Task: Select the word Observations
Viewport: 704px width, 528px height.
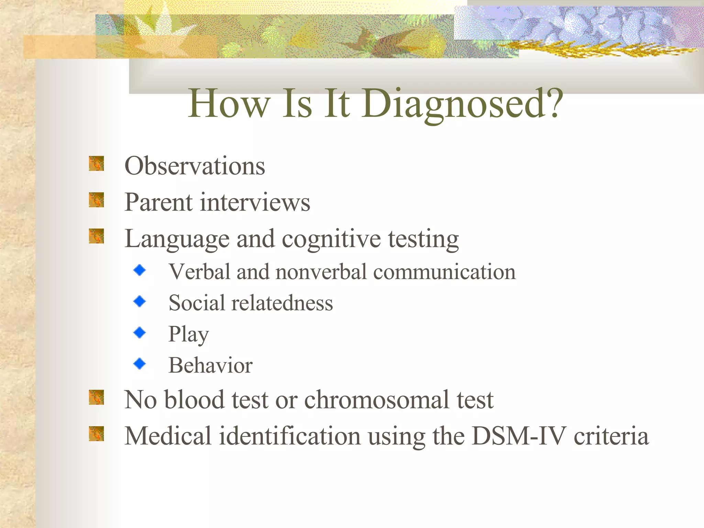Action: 195,166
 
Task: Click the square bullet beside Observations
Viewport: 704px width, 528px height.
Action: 96,164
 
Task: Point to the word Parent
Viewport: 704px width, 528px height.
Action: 158,202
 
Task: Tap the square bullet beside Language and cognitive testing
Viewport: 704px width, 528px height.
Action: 96,236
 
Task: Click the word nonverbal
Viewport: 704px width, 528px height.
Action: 321,272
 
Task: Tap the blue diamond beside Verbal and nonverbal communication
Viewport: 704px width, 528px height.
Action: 140,270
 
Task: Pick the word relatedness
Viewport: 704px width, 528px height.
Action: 282,303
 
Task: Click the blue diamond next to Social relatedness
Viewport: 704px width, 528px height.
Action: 140,301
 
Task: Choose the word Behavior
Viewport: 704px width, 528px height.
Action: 210,365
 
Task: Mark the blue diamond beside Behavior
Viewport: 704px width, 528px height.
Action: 140,363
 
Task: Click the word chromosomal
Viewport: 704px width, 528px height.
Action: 376,400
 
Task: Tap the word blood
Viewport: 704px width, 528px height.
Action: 194,400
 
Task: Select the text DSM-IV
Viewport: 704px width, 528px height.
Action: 519,436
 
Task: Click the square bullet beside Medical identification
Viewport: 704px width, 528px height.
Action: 96,433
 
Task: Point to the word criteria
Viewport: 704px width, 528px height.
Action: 611,436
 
